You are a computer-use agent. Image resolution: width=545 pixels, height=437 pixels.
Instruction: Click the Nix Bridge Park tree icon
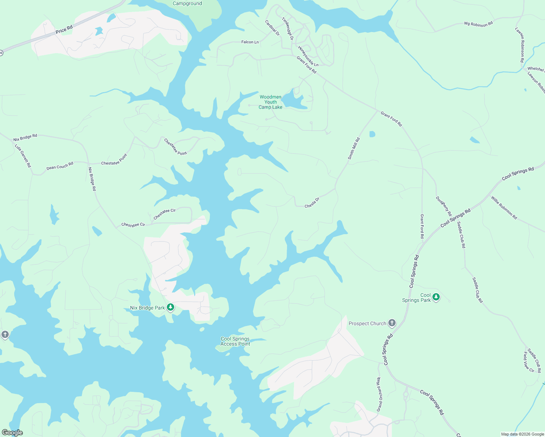pyautogui.click(x=170, y=307)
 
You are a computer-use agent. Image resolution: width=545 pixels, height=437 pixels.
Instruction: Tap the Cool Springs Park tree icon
pyautogui.click(x=436, y=297)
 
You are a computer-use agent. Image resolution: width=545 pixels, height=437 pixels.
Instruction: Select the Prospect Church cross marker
pyautogui.click(x=392, y=323)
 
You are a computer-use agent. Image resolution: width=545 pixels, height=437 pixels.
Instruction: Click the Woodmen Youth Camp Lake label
pyautogui.click(x=270, y=102)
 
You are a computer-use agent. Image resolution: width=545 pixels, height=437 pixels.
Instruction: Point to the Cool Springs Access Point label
pyautogui.click(x=235, y=341)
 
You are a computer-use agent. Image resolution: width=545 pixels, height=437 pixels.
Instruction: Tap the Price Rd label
pyautogui.click(x=64, y=29)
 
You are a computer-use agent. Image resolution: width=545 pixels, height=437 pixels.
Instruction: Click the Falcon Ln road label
pyautogui.click(x=250, y=42)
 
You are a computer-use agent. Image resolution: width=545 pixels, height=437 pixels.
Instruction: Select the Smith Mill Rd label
pyautogui.click(x=354, y=148)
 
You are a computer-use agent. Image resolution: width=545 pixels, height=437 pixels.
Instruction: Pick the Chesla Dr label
pyautogui.click(x=312, y=203)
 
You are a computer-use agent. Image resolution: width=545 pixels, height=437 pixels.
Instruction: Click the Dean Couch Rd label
pyautogui.click(x=60, y=166)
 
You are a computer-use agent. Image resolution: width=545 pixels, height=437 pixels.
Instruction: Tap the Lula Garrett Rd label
pyautogui.click(x=23, y=156)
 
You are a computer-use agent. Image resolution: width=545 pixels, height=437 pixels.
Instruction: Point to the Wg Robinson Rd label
pyautogui.click(x=478, y=24)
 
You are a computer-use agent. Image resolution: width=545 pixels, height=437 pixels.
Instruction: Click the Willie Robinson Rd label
pyautogui.click(x=504, y=208)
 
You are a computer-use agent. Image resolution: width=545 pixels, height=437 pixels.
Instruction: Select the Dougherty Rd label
pyautogui.click(x=444, y=206)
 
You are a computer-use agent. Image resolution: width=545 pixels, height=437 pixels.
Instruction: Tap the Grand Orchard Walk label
pyautogui.click(x=379, y=394)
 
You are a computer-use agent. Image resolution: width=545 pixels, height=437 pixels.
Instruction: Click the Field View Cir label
pyautogui.click(x=528, y=362)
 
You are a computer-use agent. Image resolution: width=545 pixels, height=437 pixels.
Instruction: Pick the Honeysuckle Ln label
pyautogui.click(x=308, y=56)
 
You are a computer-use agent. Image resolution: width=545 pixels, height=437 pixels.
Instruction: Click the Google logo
pyautogui.click(x=12, y=433)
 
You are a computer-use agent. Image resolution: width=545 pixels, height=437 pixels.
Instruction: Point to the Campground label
pyautogui.click(x=187, y=4)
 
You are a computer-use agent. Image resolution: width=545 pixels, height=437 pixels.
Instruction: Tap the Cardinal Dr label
pyautogui.click(x=272, y=28)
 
